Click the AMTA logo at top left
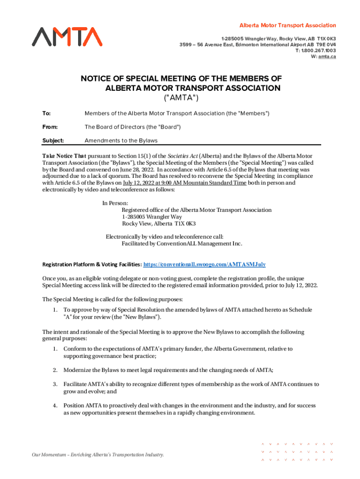coord(67,36)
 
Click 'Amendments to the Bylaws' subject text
coord(121,140)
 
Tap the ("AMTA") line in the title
coord(180,98)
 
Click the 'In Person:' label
coord(115,203)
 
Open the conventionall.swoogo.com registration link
coord(205,264)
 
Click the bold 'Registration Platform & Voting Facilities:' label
coord(92,264)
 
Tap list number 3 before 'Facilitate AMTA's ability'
coord(55,384)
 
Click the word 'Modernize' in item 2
coord(78,370)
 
